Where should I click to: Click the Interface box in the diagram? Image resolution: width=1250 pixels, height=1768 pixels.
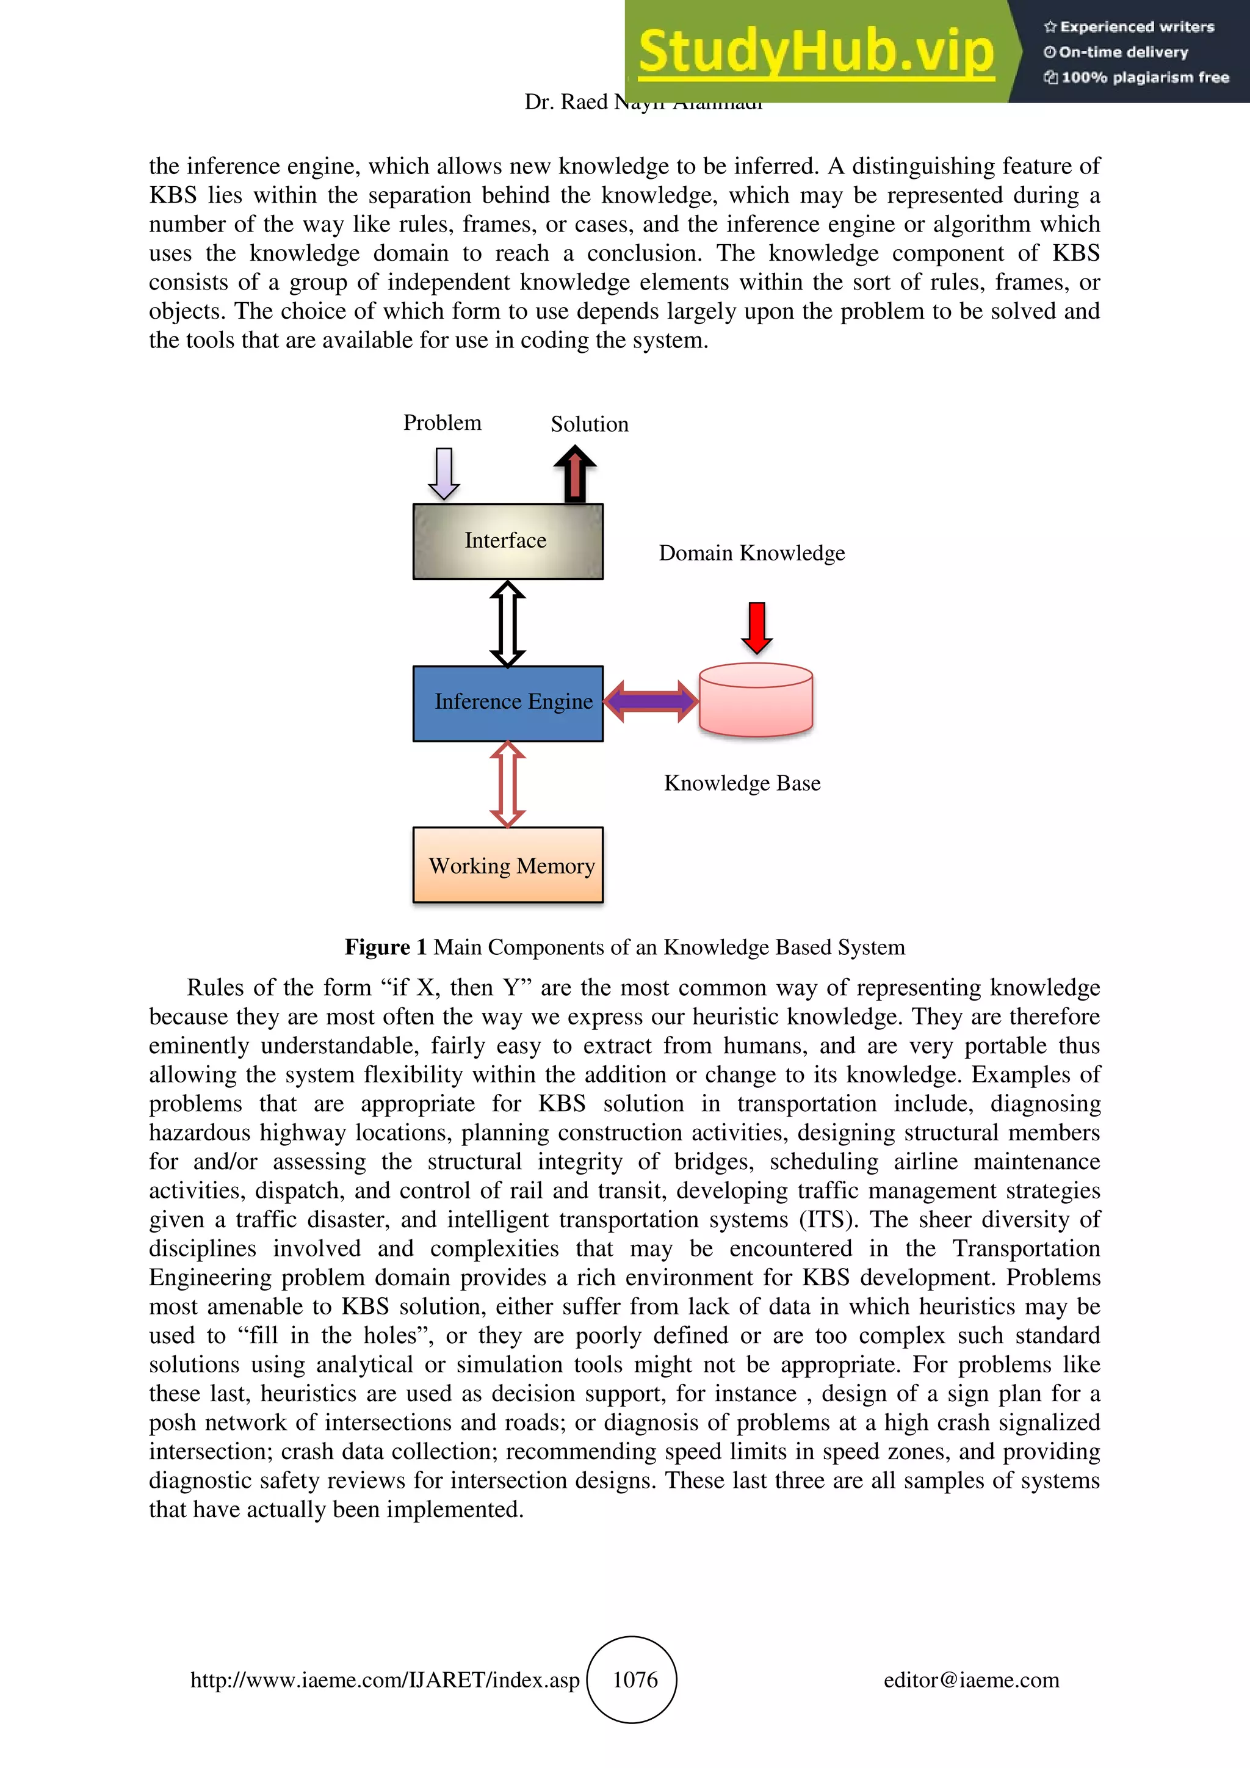(507, 542)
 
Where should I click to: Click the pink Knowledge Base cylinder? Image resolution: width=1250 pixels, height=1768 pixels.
(756, 701)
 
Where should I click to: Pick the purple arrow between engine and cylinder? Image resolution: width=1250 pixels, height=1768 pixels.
(651, 701)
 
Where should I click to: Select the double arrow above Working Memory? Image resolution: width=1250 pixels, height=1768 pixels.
(508, 784)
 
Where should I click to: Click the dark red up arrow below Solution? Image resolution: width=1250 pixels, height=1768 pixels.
(574, 475)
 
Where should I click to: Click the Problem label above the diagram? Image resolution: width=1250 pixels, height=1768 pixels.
(442, 422)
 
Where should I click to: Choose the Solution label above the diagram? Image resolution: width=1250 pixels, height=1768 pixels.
(589, 424)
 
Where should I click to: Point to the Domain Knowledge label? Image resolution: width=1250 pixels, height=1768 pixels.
(751, 553)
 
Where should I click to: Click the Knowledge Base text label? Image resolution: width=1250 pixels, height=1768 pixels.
(742, 783)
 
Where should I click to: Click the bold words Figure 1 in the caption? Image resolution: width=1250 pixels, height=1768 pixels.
(385, 947)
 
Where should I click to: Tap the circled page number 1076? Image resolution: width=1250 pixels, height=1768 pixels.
(634, 1679)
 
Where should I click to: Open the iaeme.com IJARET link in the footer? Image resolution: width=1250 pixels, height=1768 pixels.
(385, 1680)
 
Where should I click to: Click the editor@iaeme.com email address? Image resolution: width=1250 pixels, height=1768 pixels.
(970, 1680)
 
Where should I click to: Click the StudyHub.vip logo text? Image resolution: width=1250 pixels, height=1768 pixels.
(816, 52)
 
